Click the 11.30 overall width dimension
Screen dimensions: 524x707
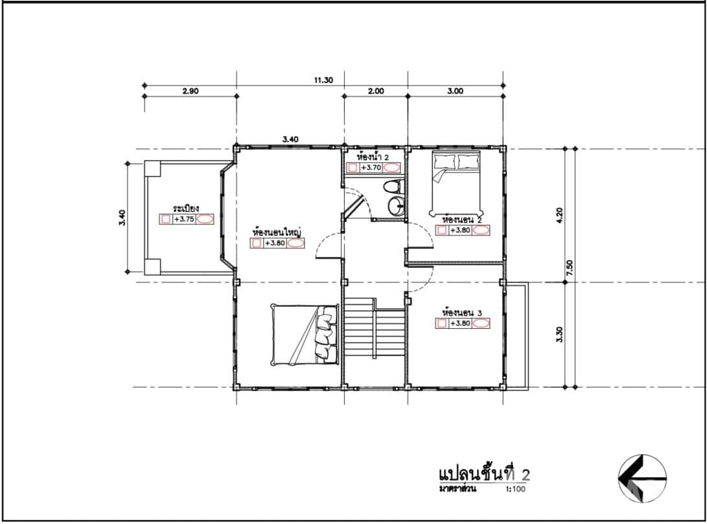tap(323, 80)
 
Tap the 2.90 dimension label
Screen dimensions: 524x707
tap(190, 91)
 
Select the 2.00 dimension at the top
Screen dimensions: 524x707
tap(376, 91)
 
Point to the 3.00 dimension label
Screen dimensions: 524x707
tap(456, 91)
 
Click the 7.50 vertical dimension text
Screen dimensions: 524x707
tap(570, 268)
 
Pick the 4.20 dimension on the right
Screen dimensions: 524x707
tap(570, 215)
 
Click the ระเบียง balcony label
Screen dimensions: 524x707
tap(186, 209)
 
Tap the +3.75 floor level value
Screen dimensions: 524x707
tap(185, 220)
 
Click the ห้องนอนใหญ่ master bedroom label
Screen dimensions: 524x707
tap(278, 232)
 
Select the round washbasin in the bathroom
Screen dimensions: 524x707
tap(396, 206)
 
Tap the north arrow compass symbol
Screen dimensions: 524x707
tap(642, 479)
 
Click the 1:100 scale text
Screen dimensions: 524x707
tap(513, 489)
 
